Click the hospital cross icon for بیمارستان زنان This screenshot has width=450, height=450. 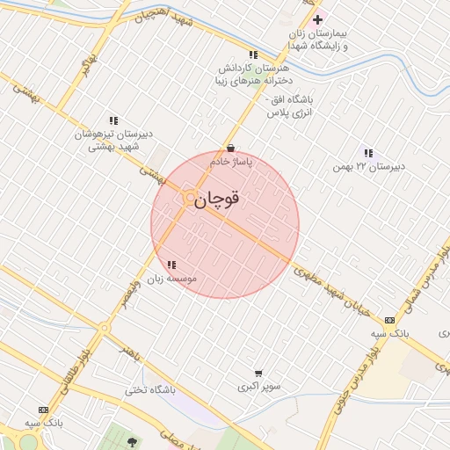(x=318, y=19)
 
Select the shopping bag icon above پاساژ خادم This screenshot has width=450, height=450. (x=230, y=149)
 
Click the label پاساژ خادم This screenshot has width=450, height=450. (x=231, y=163)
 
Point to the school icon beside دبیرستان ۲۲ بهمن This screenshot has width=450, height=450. (x=367, y=153)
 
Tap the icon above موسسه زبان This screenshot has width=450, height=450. (x=171, y=264)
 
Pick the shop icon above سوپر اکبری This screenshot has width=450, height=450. (x=258, y=373)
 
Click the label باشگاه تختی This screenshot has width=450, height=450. (x=149, y=389)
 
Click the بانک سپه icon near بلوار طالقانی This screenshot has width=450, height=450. (x=43, y=410)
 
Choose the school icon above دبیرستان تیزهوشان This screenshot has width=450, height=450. (x=113, y=120)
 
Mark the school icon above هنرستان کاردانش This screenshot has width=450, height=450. (x=253, y=54)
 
